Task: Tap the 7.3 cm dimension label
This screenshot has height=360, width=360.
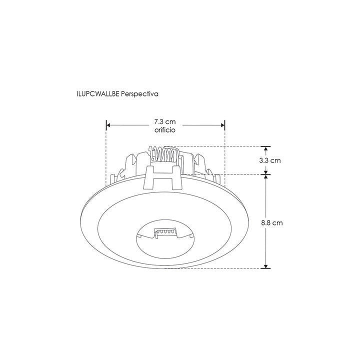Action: point(165,122)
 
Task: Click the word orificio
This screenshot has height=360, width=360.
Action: point(165,129)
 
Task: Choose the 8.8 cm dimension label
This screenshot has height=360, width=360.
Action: point(271,223)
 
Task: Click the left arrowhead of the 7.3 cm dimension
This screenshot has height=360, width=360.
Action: point(108,125)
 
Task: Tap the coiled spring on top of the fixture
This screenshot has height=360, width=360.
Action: point(163,153)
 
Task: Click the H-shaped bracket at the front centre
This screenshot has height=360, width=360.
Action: point(161,177)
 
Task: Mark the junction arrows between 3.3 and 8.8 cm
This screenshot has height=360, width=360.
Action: point(266,174)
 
